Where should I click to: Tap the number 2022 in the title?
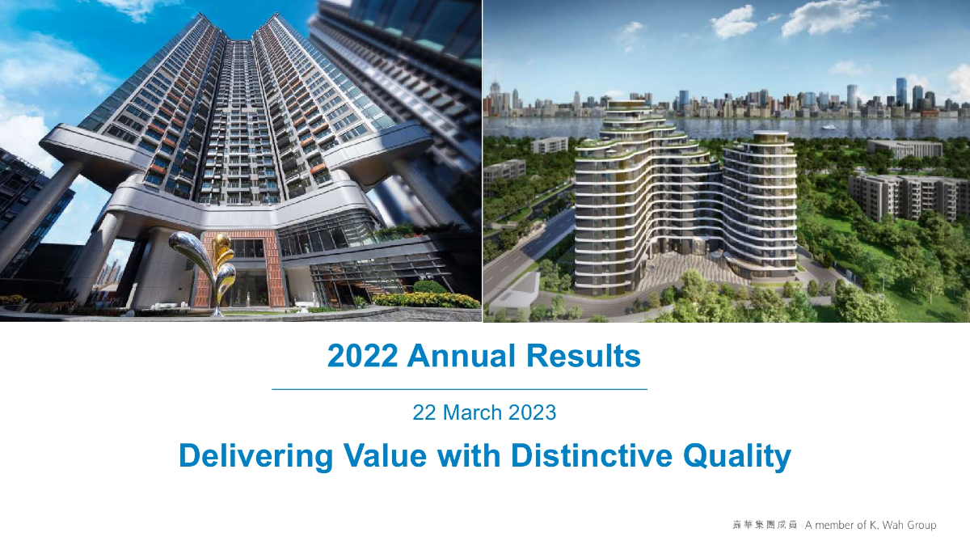tap(362, 356)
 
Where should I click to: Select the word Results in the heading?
tap(584, 356)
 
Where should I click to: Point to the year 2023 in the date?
tap(532, 412)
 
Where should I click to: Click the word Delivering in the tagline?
tap(256, 456)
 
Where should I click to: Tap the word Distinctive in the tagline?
tap(592, 455)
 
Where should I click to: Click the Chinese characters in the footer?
tap(765, 525)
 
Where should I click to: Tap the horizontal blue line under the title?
tap(459, 389)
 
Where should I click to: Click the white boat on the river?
tap(829, 127)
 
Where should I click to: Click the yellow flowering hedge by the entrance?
tap(427, 299)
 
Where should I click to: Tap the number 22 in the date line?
tap(424, 412)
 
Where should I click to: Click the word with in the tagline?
tap(469, 455)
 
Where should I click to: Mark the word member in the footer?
tap(842, 526)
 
